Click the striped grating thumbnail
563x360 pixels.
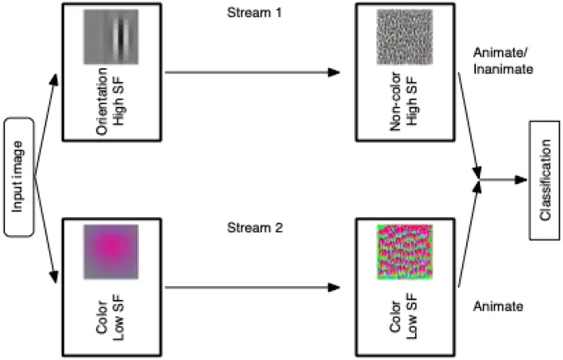(x=110, y=36)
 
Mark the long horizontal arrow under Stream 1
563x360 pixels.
(x=252, y=72)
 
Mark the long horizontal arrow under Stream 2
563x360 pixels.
(x=252, y=288)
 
